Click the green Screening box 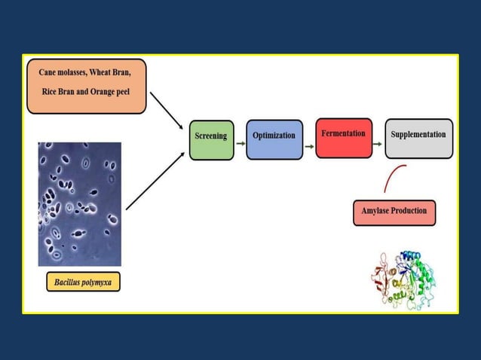coord(211,139)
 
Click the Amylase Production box coord(394,212)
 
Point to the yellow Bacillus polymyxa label coord(83,283)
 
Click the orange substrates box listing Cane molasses coord(86,87)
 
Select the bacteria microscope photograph coord(79,203)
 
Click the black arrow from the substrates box coord(167,111)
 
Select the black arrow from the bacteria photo coord(155,181)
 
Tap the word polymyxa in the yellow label coord(97,283)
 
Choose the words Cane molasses coord(65,73)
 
